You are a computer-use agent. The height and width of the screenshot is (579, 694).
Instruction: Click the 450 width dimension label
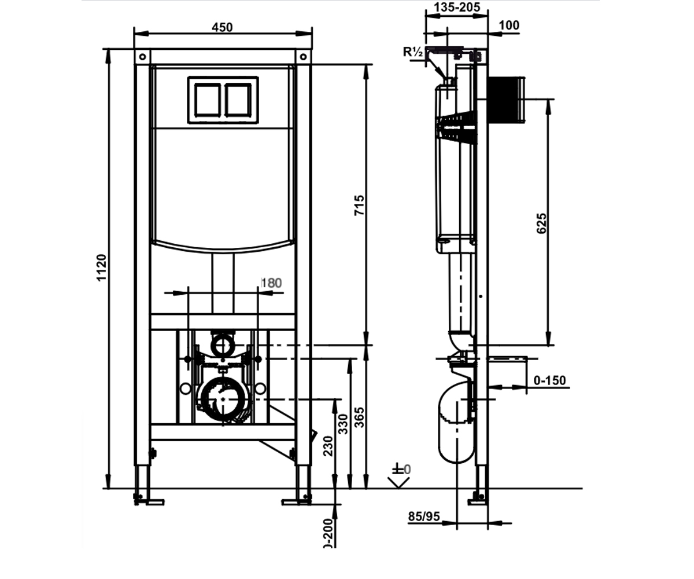222,27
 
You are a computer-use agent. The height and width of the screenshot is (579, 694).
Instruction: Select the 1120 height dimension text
101,267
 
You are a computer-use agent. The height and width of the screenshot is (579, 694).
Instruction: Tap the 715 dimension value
359,206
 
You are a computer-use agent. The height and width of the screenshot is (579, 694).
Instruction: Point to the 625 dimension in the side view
541,223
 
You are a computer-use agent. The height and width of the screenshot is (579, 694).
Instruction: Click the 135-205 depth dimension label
457,7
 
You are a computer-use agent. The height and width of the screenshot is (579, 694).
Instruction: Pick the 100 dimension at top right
509,25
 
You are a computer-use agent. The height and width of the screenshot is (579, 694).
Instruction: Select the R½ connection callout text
412,52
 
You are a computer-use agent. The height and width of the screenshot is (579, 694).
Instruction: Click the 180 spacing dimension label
272,283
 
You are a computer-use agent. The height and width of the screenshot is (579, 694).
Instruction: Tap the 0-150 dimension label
550,380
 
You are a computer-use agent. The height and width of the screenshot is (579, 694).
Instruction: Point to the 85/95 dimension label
424,516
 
